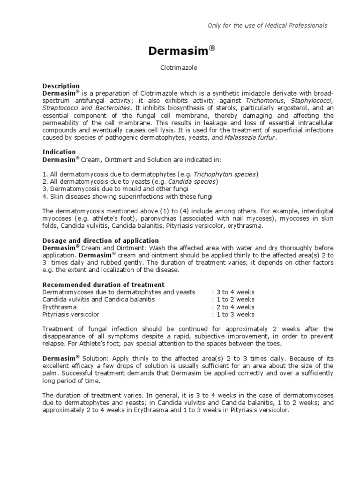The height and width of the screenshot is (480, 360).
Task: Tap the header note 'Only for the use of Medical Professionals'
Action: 267,25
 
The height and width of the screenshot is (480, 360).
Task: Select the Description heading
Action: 61,86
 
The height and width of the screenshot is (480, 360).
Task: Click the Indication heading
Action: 59,152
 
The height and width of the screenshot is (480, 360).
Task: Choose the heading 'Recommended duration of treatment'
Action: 103,285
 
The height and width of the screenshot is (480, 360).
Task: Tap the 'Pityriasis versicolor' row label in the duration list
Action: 71,315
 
